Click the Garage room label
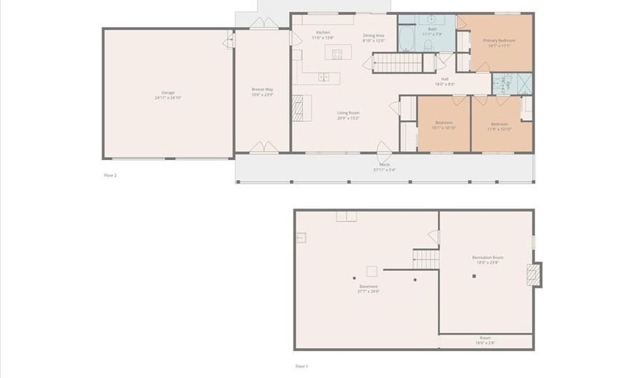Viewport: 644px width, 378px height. click(168, 93)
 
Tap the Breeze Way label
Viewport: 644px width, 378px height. click(262, 89)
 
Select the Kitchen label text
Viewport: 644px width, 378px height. click(323, 33)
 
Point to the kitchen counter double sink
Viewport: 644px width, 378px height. click(323, 76)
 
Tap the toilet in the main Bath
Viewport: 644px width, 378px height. click(428, 46)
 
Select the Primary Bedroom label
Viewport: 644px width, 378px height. click(499, 41)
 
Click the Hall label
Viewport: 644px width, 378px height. click(444, 79)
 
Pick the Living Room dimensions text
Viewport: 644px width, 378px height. click(348, 118)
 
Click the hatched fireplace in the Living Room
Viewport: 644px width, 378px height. click(298, 108)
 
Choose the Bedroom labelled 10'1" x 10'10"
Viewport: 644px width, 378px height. click(444, 125)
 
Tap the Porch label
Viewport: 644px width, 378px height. click(384, 166)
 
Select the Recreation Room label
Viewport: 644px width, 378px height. click(487, 257)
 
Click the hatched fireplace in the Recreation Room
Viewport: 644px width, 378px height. click(534, 275)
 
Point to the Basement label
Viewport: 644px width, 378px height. click(369, 287)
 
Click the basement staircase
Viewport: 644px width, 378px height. click(425, 258)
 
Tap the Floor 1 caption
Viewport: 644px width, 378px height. click(301, 366)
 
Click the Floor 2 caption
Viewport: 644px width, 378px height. click(109, 174)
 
